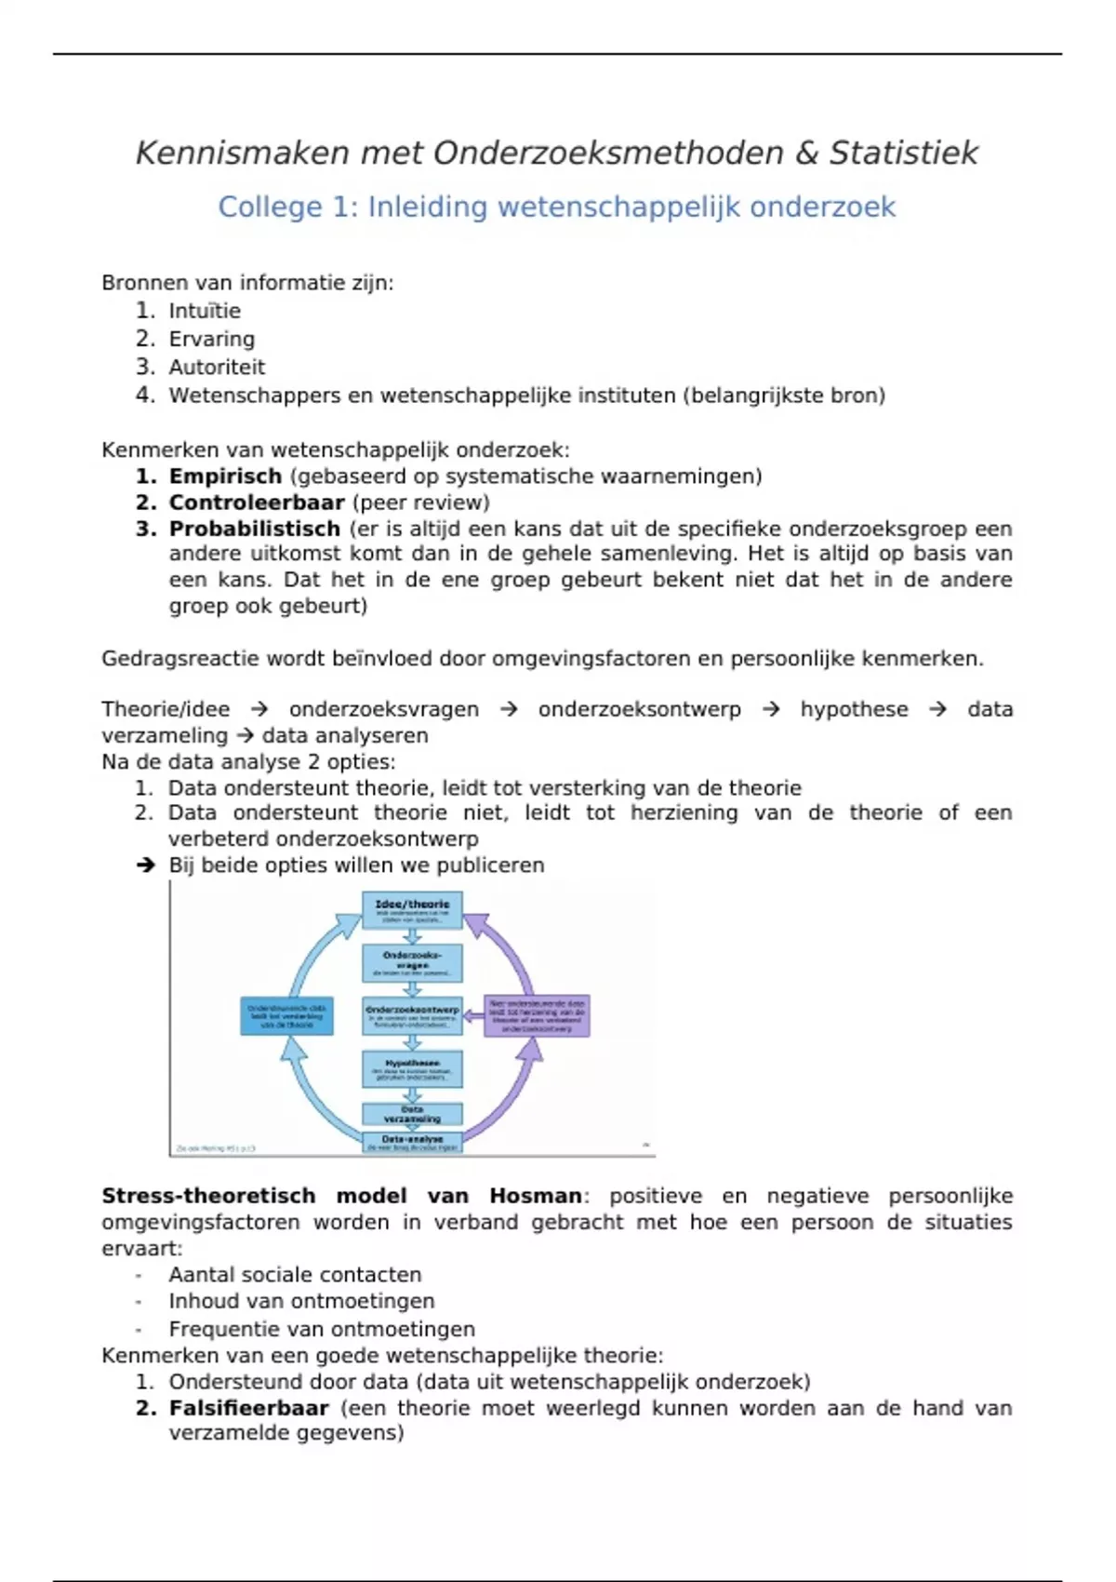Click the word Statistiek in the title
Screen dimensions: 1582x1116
tap(903, 153)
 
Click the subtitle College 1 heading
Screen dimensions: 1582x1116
tap(556, 207)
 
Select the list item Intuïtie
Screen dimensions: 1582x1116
tap(205, 311)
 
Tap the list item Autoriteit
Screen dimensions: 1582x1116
tap(217, 367)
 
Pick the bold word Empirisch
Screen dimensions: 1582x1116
tap(225, 476)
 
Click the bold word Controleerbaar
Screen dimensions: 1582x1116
tap(257, 503)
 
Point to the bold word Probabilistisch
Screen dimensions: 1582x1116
tap(255, 529)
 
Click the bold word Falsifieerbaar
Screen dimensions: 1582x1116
tap(249, 1408)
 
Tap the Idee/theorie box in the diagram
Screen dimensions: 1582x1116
tap(412, 909)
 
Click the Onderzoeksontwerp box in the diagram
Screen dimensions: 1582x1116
tap(412, 1015)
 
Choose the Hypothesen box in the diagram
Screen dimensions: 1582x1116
tap(412, 1068)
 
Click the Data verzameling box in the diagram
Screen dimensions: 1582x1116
tap(412, 1114)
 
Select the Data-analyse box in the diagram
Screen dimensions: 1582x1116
tap(412, 1142)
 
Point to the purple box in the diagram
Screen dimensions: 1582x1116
tap(537, 1015)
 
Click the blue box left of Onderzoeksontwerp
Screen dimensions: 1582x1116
tap(286, 1015)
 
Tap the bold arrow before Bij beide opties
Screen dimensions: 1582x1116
tap(145, 865)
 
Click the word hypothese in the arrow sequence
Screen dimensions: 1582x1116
tap(854, 709)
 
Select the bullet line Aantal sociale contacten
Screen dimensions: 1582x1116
tap(295, 1275)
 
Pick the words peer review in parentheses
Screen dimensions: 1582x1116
tap(420, 503)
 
